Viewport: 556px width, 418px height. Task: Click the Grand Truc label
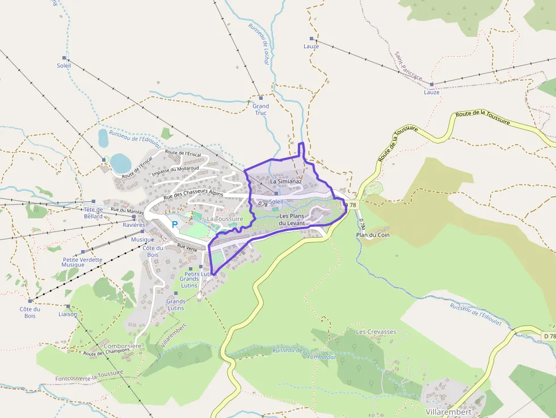tap(260, 109)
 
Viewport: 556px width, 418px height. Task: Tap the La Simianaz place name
tap(285, 181)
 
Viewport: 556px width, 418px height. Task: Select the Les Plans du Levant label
tap(292, 219)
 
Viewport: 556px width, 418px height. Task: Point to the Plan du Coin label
tap(373, 235)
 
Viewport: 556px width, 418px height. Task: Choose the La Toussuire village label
tap(225, 218)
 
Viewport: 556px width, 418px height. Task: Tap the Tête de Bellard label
tap(94, 213)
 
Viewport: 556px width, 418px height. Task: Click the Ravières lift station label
tap(134, 225)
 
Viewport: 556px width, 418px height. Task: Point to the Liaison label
tap(68, 314)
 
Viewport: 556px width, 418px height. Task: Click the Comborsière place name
tap(123, 346)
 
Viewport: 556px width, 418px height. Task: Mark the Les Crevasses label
tap(376, 331)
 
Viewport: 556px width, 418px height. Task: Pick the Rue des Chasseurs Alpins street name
tap(193, 194)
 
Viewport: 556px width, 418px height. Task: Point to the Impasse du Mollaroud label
tap(175, 168)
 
